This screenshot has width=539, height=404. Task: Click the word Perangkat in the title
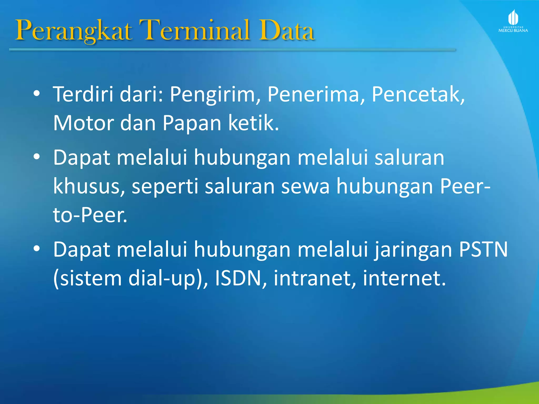pos(74,31)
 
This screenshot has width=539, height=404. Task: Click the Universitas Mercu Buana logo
pos(513,21)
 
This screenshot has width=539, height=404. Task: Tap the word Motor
pos(83,123)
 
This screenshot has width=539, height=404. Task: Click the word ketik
pos(253,123)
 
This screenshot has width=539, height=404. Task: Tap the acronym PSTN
pos(483,249)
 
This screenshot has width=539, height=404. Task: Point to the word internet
pos(404,278)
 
